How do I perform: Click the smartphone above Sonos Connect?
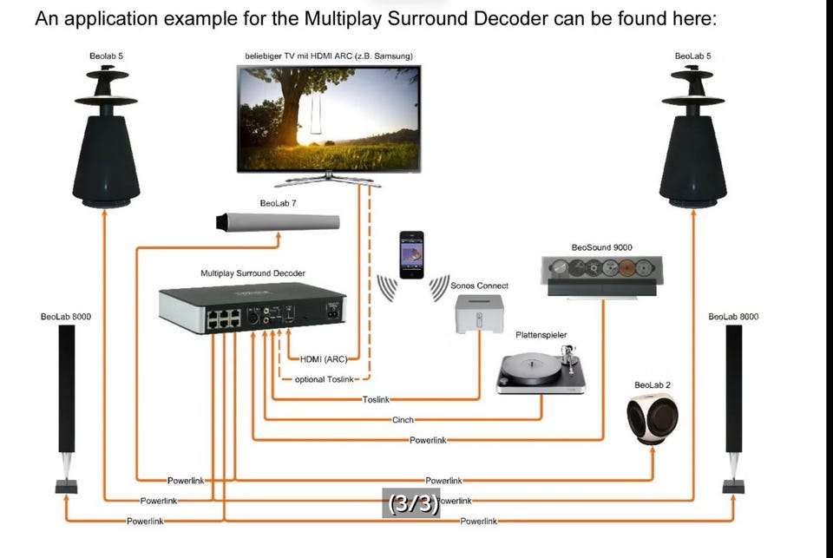tap(411, 254)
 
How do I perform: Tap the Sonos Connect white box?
tap(479, 313)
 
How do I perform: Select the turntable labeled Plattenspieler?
tap(541, 370)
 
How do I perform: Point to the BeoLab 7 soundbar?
tap(278, 221)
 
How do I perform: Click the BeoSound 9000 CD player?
tap(602, 276)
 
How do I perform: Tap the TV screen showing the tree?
tap(329, 119)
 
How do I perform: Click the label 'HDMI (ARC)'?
tap(324, 359)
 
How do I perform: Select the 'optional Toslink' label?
tap(324, 379)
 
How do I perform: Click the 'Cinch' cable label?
tap(403, 420)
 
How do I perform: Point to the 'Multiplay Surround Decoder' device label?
tap(253, 273)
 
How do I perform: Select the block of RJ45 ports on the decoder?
tap(224, 318)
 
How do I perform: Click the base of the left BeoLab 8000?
tap(67, 486)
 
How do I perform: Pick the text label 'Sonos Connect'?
tap(479, 286)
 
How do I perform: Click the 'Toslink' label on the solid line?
tap(376, 400)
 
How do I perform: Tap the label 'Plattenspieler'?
tap(541, 335)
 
